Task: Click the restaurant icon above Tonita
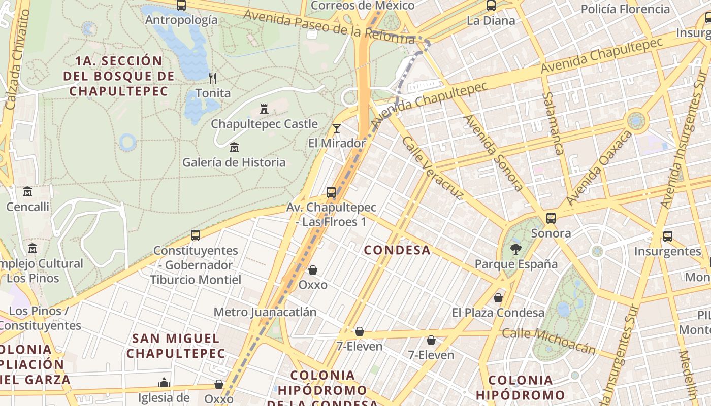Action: coord(213,78)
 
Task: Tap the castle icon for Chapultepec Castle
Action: coord(264,109)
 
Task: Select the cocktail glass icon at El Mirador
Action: coord(336,128)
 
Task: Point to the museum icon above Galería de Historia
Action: coord(234,148)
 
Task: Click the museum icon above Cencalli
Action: coord(27,192)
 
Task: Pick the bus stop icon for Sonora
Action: coord(551,218)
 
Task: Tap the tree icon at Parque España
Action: coord(516,249)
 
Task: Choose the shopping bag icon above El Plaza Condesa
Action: coord(498,298)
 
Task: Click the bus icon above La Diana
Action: coord(491,6)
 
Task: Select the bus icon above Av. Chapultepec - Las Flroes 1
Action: coord(331,192)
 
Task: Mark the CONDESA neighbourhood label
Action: coord(397,250)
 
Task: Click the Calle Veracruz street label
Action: coord(432,167)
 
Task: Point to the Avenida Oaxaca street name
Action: coord(599,168)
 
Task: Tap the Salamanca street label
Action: coord(553,123)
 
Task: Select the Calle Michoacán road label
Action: coord(548,341)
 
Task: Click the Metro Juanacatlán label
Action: coord(265,312)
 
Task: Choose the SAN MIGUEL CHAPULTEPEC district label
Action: coord(176,346)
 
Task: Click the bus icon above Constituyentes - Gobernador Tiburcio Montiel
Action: coord(196,235)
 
